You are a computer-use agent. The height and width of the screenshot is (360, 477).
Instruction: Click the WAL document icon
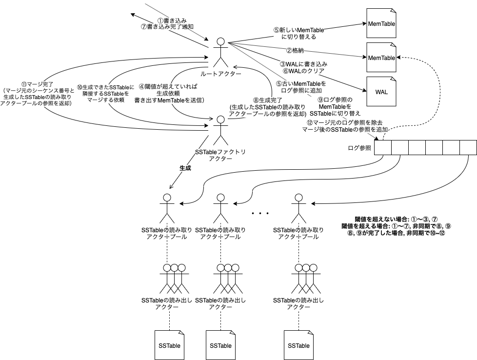point(381,91)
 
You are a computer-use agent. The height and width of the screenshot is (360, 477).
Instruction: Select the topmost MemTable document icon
point(381,23)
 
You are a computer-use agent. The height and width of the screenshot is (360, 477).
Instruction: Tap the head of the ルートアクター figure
point(220,41)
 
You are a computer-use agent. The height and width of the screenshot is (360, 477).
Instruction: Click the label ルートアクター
point(220,74)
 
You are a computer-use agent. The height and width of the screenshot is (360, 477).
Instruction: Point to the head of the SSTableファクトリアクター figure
point(220,120)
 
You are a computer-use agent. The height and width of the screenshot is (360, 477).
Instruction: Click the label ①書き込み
point(172,20)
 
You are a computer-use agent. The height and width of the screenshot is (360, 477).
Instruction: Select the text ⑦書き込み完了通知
point(167,27)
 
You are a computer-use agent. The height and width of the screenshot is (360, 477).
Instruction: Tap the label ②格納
point(295,51)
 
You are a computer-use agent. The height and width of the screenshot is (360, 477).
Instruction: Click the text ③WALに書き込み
point(303,64)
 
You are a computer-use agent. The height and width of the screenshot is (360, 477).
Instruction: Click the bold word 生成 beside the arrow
point(185,168)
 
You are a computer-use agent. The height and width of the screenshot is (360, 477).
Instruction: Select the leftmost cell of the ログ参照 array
point(383,148)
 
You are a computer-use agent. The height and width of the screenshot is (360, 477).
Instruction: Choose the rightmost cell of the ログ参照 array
point(468,148)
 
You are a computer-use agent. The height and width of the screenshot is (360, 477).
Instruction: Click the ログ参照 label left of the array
point(359,148)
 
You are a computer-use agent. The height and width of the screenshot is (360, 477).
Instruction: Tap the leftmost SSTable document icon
point(169,345)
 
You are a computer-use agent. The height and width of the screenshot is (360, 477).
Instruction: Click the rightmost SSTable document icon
point(298,345)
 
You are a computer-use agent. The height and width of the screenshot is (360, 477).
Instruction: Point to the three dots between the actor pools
point(260,213)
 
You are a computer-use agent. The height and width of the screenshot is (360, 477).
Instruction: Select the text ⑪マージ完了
point(37,84)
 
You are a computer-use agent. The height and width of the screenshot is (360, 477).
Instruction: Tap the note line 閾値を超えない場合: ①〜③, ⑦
point(396,219)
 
